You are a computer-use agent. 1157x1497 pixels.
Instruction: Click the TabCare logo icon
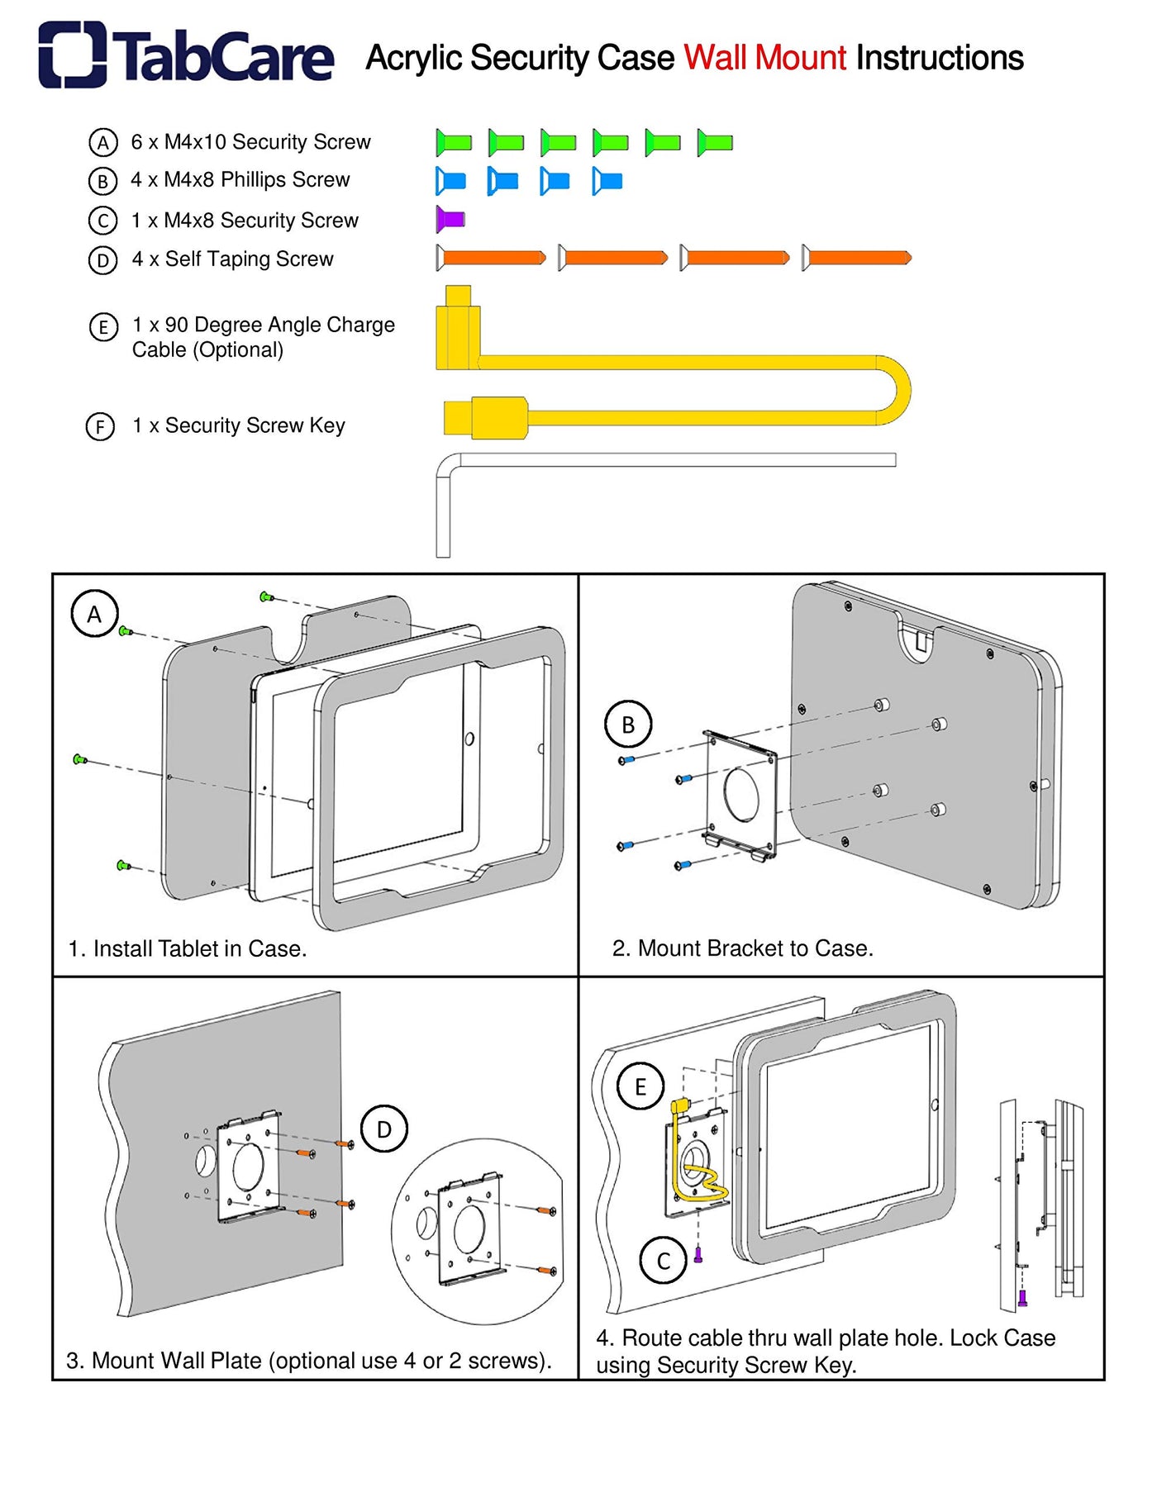[72, 55]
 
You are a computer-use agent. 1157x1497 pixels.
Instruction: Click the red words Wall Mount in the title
[764, 58]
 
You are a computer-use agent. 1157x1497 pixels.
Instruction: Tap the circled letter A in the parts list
[102, 142]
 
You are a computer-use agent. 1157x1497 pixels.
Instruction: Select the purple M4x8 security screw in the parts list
[450, 219]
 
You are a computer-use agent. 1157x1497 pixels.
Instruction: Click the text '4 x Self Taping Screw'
[232, 259]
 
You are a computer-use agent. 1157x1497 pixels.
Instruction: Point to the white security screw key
[661, 460]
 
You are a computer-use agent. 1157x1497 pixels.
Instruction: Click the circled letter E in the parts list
[102, 327]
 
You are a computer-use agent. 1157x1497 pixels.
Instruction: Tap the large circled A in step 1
[94, 614]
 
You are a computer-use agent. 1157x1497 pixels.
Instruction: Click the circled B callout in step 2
[628, 725]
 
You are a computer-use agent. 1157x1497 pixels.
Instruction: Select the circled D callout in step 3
[384, 1129]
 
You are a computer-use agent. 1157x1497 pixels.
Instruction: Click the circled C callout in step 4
[663, 1261]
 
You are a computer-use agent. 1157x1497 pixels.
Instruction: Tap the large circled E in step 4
[640, 1086]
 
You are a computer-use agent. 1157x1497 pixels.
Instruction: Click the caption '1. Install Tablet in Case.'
[188, 948]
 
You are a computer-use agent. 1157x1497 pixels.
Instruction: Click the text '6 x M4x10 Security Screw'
[250, 142]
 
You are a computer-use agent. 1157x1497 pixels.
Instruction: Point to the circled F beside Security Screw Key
[101, 426]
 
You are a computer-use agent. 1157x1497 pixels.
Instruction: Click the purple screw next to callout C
[698, 1255]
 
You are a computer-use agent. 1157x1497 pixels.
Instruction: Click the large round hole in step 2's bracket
[741, 794]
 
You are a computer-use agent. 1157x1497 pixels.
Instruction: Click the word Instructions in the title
[940, 58]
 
